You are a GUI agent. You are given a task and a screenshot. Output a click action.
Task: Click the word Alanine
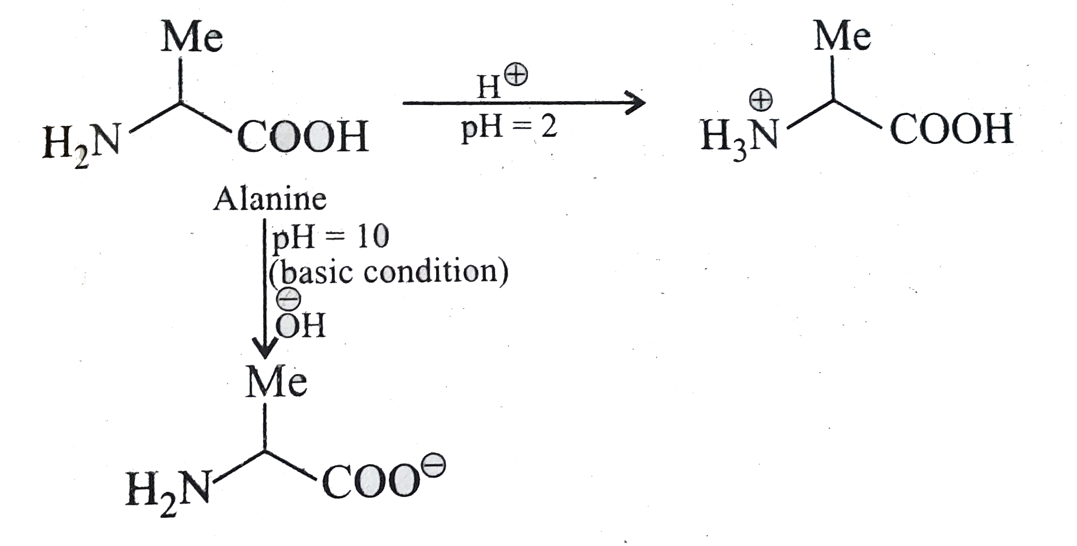270,200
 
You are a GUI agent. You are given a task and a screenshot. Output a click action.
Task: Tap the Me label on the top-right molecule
842,37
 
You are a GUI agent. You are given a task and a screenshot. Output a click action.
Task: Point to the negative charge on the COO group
434,467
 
